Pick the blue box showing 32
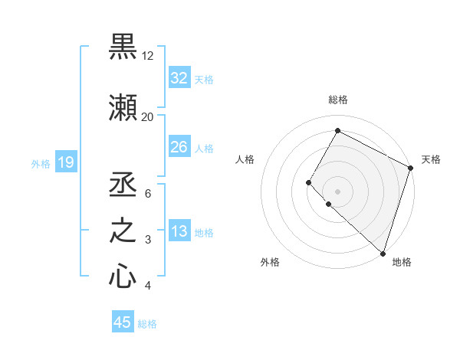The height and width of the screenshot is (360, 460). point(179,78)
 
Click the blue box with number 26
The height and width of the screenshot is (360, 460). point(179,147)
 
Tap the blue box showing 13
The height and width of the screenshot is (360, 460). point(179,232)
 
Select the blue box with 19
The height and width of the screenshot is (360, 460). point(65,162)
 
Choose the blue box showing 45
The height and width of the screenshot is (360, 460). point(123,322)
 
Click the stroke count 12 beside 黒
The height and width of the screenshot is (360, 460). point(148,56)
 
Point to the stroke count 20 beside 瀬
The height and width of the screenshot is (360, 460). point(148,116)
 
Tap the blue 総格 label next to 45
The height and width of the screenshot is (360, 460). point(147,323)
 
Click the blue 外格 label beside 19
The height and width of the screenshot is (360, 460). point(41,163)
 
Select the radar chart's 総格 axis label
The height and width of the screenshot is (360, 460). point(337,100)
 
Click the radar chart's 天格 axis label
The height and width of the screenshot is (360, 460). point(431,159)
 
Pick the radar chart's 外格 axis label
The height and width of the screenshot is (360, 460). point(270,262)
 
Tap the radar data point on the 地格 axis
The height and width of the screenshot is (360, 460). point(383,254)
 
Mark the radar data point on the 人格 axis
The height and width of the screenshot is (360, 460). point(309,182)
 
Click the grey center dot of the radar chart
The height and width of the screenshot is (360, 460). point(337,191)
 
